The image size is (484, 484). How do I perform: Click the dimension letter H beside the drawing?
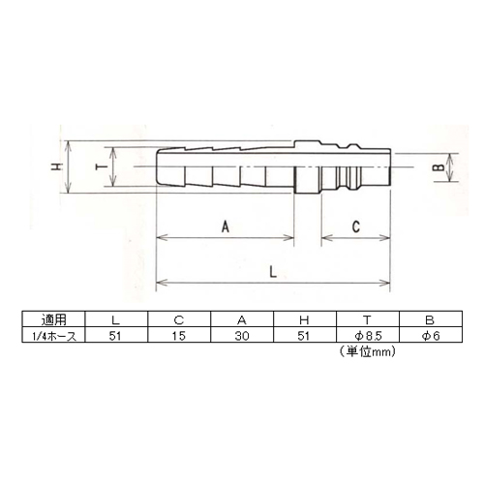57,166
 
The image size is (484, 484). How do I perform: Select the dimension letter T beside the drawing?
102,166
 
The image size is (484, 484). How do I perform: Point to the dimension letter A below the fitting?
226,227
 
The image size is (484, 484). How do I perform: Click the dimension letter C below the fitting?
356,227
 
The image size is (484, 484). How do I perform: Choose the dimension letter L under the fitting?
273,272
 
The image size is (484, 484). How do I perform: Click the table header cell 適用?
53,319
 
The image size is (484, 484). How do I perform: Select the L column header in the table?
115,320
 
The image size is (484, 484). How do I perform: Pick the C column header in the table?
178,320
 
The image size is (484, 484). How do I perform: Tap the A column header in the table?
242,320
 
